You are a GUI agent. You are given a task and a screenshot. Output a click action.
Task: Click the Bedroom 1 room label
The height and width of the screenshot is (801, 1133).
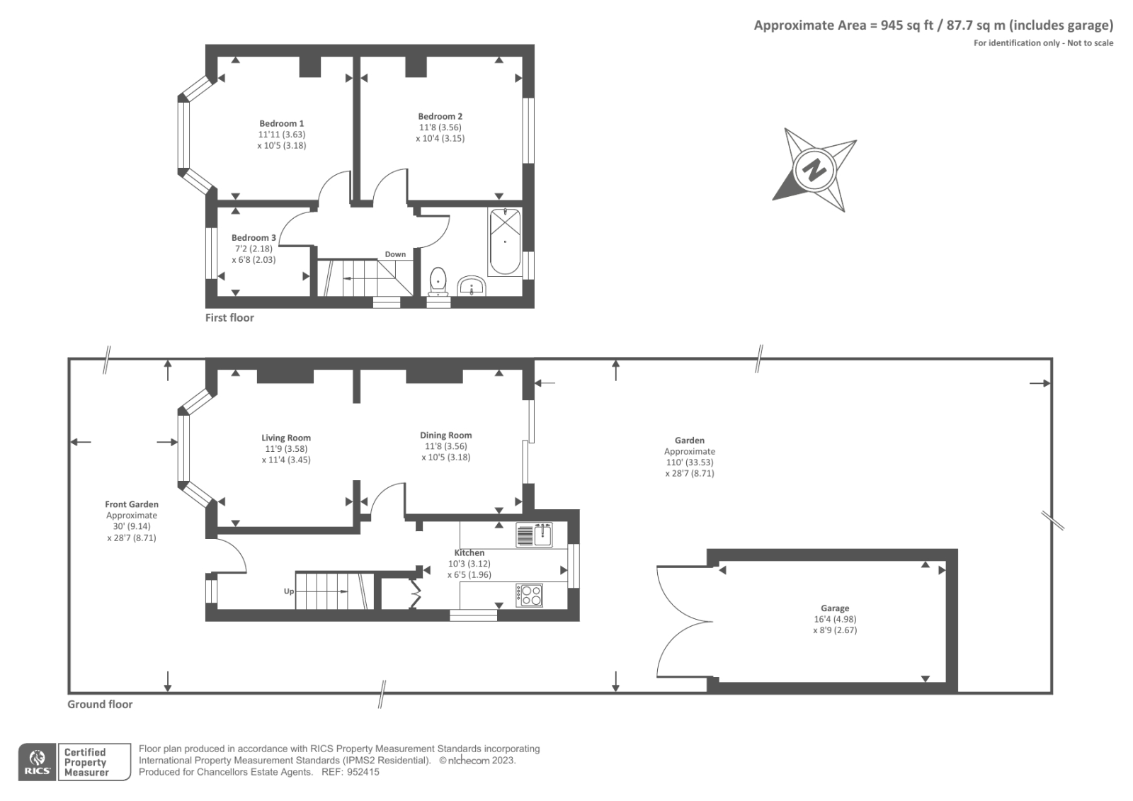click(x=281, y=123)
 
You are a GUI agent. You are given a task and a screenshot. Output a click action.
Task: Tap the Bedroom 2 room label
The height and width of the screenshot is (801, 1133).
click(x=440, y=116)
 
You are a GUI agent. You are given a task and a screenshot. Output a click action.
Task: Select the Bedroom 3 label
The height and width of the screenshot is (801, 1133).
click(x=254, y=237)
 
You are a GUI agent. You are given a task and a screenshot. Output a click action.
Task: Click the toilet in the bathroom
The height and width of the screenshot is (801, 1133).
click(x=438, y=280)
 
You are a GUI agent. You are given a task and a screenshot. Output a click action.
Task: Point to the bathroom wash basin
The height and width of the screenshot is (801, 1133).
click(x=471, y=286)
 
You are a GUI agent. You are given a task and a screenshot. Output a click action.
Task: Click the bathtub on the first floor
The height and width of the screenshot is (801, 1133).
click(x=505, y=242)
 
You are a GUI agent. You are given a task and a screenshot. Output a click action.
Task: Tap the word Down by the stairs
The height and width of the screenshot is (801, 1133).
click(x=395, y=254)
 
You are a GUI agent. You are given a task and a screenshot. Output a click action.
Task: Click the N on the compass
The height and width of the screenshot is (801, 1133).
click(x=814, y=170)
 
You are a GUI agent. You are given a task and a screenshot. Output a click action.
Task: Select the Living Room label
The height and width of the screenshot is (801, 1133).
click(x=286, y=438)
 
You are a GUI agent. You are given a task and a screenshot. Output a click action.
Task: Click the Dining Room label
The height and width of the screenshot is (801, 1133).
click(x=445, y=436)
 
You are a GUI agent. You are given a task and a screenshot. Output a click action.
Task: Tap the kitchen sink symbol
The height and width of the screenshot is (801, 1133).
click(x=534, y=535)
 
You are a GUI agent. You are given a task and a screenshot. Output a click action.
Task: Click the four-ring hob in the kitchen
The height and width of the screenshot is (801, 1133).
click(x=530, y=595)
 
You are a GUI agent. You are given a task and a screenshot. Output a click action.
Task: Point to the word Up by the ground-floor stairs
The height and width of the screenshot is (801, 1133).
click(x=289, y=591)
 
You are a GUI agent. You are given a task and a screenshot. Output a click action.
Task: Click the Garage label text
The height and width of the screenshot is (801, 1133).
click(x=835, y=608)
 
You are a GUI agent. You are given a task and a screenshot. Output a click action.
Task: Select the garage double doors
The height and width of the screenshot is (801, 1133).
click(x=683, y=622)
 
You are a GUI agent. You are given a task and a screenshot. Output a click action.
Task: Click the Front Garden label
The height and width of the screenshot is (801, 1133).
click(x=132, y=504)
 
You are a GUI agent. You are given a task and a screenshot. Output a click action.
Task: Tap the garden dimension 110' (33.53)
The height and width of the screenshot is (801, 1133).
click(x=689, y=462)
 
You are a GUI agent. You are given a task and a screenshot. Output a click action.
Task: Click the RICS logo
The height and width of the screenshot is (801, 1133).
click(x=38, y=762)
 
